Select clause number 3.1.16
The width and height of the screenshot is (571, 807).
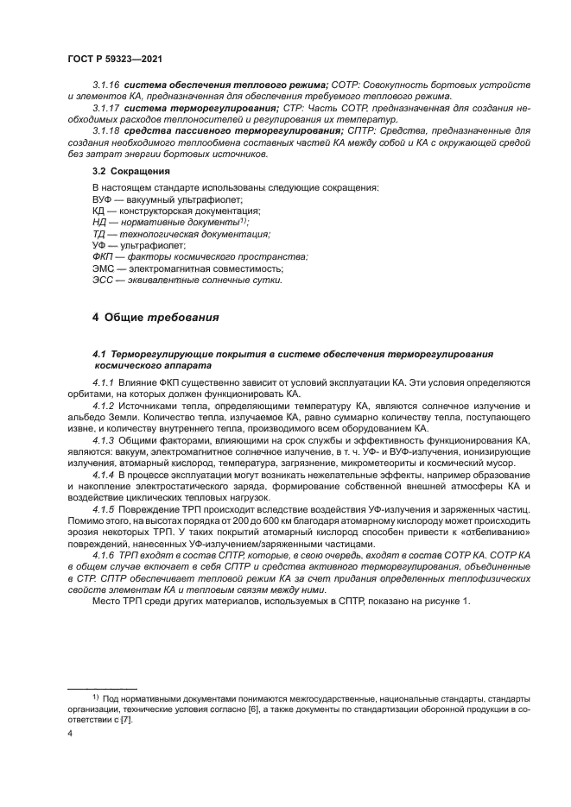click(x=106, y=85)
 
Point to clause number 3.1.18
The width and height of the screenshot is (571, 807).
click(x=106, y=130)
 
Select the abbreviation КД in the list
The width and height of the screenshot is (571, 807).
click(x=99, y=211)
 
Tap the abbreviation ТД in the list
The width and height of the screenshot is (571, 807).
click(x=99, y=234)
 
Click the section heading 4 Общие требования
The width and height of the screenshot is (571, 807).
click(x=155, y=318)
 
